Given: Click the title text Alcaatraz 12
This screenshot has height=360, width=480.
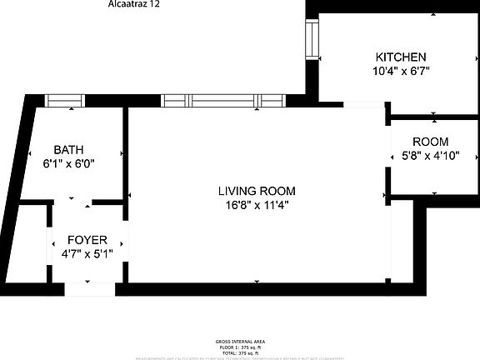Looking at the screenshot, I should [133, 4].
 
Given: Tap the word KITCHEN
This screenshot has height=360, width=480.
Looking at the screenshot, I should [401, 57].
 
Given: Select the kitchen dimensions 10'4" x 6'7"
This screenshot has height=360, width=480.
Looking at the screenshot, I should [401, 72].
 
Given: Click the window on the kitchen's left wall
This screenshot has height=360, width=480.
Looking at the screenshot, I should [312, 39].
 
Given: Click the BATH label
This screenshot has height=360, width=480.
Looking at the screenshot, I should [68, 150].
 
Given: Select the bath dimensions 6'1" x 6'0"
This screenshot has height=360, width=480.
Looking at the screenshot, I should [68, 164].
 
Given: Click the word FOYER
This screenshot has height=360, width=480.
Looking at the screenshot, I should [87, 239].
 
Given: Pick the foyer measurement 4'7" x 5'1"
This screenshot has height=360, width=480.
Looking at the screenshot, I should [87, 253].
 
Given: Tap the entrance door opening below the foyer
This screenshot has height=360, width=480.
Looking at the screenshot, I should [90, 289].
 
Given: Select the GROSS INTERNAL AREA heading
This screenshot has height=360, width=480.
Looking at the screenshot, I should [240, 342].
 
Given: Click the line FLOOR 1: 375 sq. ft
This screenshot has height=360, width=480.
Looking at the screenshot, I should [240, 347].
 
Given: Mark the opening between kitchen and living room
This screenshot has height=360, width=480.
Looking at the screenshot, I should [363, 103].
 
